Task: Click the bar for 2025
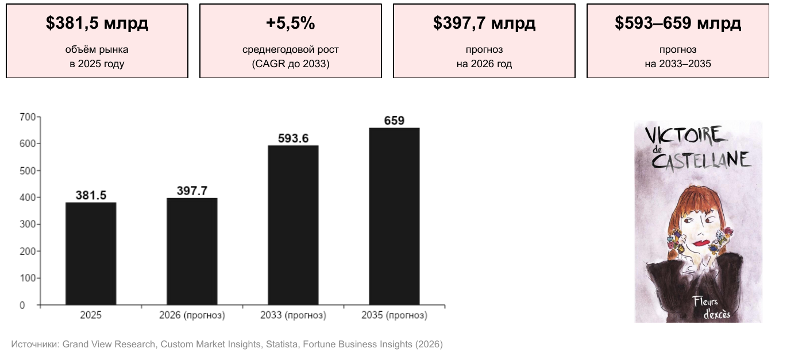(91, 254)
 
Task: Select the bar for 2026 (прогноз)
(192, 251)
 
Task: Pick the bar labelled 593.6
(293, 225)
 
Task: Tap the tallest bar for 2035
(394, 216)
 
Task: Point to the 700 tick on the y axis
(28, 117)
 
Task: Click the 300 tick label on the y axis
(28, 224)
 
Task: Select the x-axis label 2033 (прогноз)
(293, 315)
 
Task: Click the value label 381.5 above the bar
(91, 195)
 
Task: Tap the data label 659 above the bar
(394, 121)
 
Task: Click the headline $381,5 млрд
(97, 23)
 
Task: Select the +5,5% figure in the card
(290, 23)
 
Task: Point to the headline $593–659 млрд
(678, 23)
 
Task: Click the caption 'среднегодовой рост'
(290, 49)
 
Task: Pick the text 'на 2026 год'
(484, 64)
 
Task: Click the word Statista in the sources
(281, 344)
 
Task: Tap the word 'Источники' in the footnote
(35, 344)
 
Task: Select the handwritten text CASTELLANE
(701, 160)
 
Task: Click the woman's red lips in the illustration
(701, 243)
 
